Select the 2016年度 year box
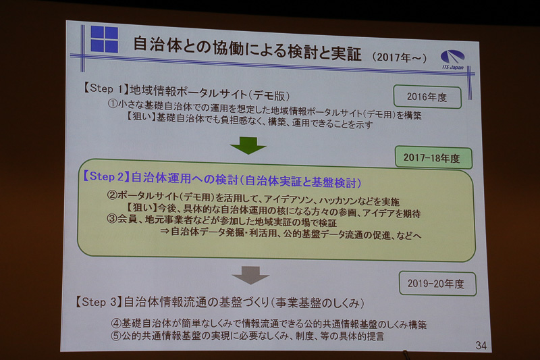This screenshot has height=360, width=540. pos(427,97)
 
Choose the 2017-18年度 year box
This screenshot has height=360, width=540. pos(433,158)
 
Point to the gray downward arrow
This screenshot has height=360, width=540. pos(251,274)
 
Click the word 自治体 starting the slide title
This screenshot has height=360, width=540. pos(152,45)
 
